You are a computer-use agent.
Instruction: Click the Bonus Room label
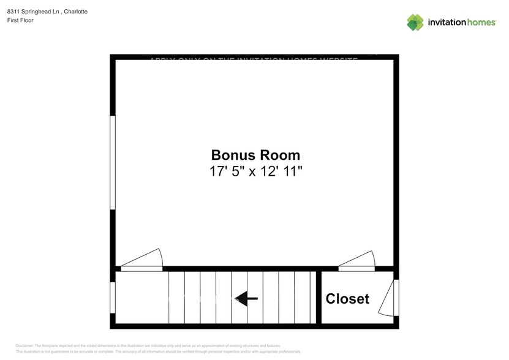click(255, 155)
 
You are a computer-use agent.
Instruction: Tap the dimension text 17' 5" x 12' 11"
click(255, 171)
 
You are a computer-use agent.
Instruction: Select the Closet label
click(347, 299)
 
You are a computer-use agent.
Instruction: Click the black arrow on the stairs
click(247, 299)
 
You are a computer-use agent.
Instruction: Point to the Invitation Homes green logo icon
click(415, 22)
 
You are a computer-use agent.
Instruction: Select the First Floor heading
click(20, 20)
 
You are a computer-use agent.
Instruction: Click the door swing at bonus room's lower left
click(147, 260)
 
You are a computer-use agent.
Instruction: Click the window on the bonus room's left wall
click(113, 162)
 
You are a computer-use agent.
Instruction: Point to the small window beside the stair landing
click(113, 298)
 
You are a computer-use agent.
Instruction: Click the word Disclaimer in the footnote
click(25, 345)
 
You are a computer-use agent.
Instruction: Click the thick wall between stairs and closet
click(319, 298)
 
